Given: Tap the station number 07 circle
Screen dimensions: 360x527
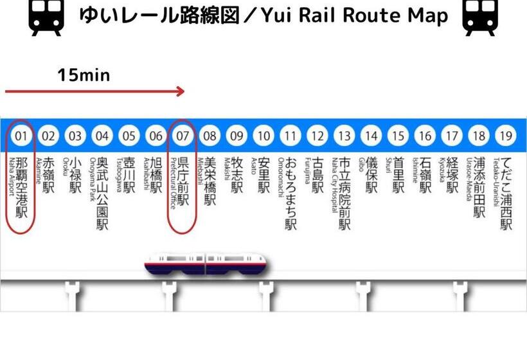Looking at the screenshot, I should (183, 136).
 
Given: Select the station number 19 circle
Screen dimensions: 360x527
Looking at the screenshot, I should (506, 136).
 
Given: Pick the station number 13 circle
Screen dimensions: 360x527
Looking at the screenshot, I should (344, 136).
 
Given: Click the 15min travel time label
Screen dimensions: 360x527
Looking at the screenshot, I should (84, 75).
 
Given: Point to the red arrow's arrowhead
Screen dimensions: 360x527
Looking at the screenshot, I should (180, 91).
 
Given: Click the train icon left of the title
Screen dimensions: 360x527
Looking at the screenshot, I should (47, 18).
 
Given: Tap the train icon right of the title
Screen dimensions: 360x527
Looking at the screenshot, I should (480, 18).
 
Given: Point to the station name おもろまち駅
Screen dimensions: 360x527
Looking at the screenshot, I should (291, 193).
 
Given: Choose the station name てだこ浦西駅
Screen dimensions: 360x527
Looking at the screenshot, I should (507, 193).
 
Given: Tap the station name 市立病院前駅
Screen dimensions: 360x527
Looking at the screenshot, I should (345, 193).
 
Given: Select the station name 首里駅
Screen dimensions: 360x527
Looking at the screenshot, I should (399, 175).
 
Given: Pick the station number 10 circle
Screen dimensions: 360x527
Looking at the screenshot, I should (264, 136).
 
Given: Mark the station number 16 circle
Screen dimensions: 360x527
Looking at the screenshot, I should (425, 136).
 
